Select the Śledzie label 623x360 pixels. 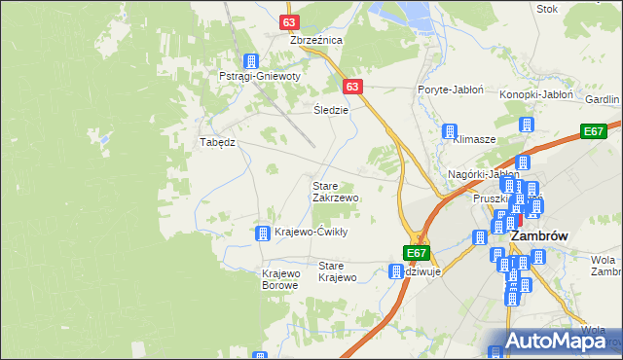[x=331, y=110]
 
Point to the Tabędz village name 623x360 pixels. [x=218, y=141]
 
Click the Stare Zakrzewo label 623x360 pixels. [x=335, y=191]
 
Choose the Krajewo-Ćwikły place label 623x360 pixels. [x=311, y=233]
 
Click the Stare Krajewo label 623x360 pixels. [x=338, y=271]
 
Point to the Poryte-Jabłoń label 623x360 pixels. [x=451, y=89]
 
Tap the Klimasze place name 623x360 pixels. [x=474, y=139]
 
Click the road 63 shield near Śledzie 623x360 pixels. [x=352, y=87]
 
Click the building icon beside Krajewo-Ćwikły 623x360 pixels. [x=262, y=233]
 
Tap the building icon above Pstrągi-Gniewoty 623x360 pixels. [x=252, y=60]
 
